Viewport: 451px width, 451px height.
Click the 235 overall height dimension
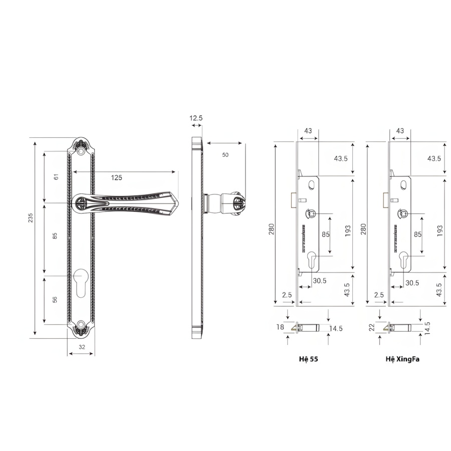coord(31,217)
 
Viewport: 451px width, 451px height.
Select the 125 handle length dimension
coord(116,177)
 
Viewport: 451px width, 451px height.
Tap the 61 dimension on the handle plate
coord(56,176)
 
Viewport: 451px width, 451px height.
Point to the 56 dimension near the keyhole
coord(55,300)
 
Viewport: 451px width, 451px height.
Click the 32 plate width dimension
coord(82,347)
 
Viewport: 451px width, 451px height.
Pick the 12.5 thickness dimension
coord(196,118)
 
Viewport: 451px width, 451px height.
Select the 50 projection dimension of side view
coord(225,155)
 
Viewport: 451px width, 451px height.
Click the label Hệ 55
coord(308,359)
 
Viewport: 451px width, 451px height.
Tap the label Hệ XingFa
coord(402,359)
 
